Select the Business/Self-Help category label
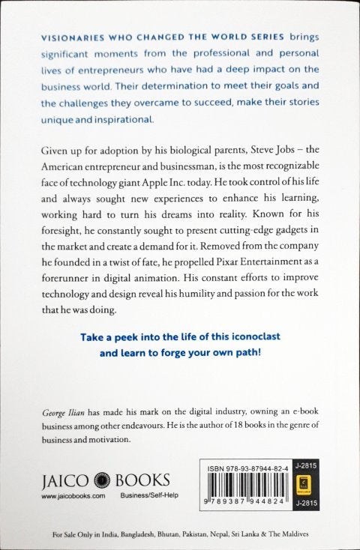pyautogui.click(x=139, y=495)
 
